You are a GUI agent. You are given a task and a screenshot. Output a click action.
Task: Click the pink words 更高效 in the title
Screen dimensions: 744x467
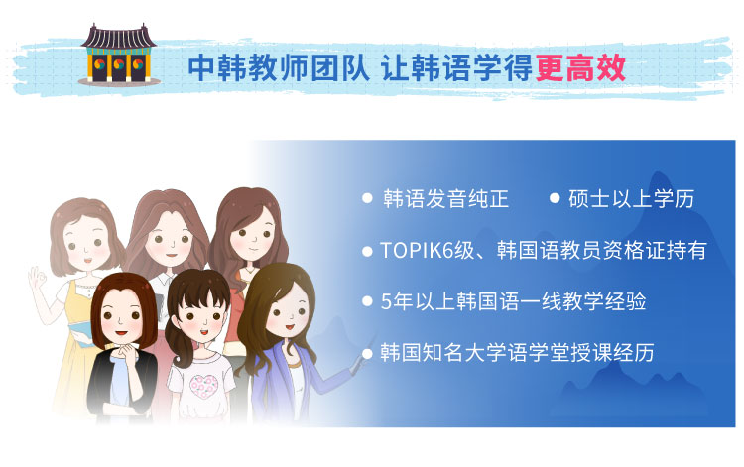[x=580, y=68]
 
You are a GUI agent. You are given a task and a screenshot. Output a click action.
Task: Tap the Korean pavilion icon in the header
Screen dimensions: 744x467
[x=119, y=55]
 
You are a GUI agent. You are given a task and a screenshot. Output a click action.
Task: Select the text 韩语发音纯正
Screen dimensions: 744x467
[x=445, y=198]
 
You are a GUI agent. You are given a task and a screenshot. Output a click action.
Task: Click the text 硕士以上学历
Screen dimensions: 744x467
[x=631, y=198]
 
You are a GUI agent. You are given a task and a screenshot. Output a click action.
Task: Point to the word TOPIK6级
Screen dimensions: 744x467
[x=427, y=250]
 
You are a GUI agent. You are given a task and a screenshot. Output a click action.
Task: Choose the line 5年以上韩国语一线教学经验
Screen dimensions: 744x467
[x=514, y=301]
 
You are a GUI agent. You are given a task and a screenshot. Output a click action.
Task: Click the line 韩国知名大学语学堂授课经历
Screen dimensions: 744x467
[x=517, y=352]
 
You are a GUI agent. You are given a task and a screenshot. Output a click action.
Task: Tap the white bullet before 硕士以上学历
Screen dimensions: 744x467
[x=555, y=198]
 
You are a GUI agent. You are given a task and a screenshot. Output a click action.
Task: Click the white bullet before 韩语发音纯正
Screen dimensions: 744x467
[x=367, y=198]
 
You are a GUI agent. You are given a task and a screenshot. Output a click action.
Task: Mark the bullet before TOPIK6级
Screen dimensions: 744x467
[x=367, y=251]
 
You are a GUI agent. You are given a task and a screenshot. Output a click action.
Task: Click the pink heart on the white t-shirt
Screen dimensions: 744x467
[x=204, y=386]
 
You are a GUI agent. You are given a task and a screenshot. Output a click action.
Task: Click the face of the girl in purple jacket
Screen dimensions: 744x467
[x=286, y=310]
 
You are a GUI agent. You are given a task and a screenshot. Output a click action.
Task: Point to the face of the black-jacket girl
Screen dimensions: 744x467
[x=121, y=316]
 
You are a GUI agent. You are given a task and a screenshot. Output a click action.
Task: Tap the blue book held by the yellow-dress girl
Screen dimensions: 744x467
[x=80, y=334]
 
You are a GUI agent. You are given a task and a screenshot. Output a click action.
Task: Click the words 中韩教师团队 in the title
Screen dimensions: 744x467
[x=279, y=68]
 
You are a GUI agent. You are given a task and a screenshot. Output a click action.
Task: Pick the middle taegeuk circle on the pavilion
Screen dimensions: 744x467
[x=119, y=63]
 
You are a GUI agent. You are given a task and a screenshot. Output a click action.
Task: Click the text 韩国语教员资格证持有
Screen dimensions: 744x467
[x=602, y=250]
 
